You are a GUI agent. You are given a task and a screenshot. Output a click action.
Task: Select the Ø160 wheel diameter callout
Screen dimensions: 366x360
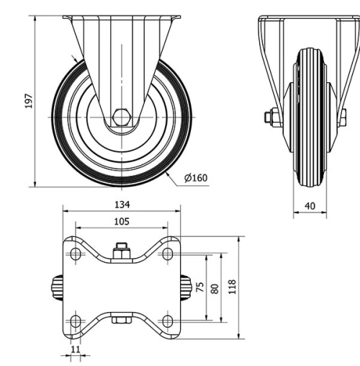point(196,178)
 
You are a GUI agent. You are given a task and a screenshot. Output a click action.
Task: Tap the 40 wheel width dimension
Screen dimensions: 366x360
point(310,206)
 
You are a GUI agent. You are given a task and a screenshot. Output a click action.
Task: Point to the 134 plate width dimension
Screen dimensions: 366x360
point(122,205)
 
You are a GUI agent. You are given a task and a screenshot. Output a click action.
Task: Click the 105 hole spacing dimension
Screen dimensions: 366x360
point(122,223)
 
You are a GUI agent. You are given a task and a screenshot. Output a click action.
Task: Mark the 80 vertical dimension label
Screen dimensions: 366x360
point(214,287)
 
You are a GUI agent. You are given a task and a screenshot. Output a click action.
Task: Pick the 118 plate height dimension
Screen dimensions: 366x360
point(231,287)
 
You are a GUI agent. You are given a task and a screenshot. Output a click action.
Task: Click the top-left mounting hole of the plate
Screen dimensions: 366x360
point(76,254)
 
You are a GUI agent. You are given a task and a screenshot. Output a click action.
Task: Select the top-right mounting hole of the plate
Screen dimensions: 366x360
point(168,254)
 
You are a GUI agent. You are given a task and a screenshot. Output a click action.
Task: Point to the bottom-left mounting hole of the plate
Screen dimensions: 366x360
point(76,320)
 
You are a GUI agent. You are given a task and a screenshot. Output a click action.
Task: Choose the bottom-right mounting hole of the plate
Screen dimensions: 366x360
point(168,320)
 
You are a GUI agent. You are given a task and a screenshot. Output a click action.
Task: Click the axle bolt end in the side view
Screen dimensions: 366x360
point(270,116)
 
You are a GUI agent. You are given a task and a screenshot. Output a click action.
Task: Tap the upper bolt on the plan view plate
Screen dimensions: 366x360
point(122,253)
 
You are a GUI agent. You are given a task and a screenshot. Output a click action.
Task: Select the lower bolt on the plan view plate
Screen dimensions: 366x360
point(122,320)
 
